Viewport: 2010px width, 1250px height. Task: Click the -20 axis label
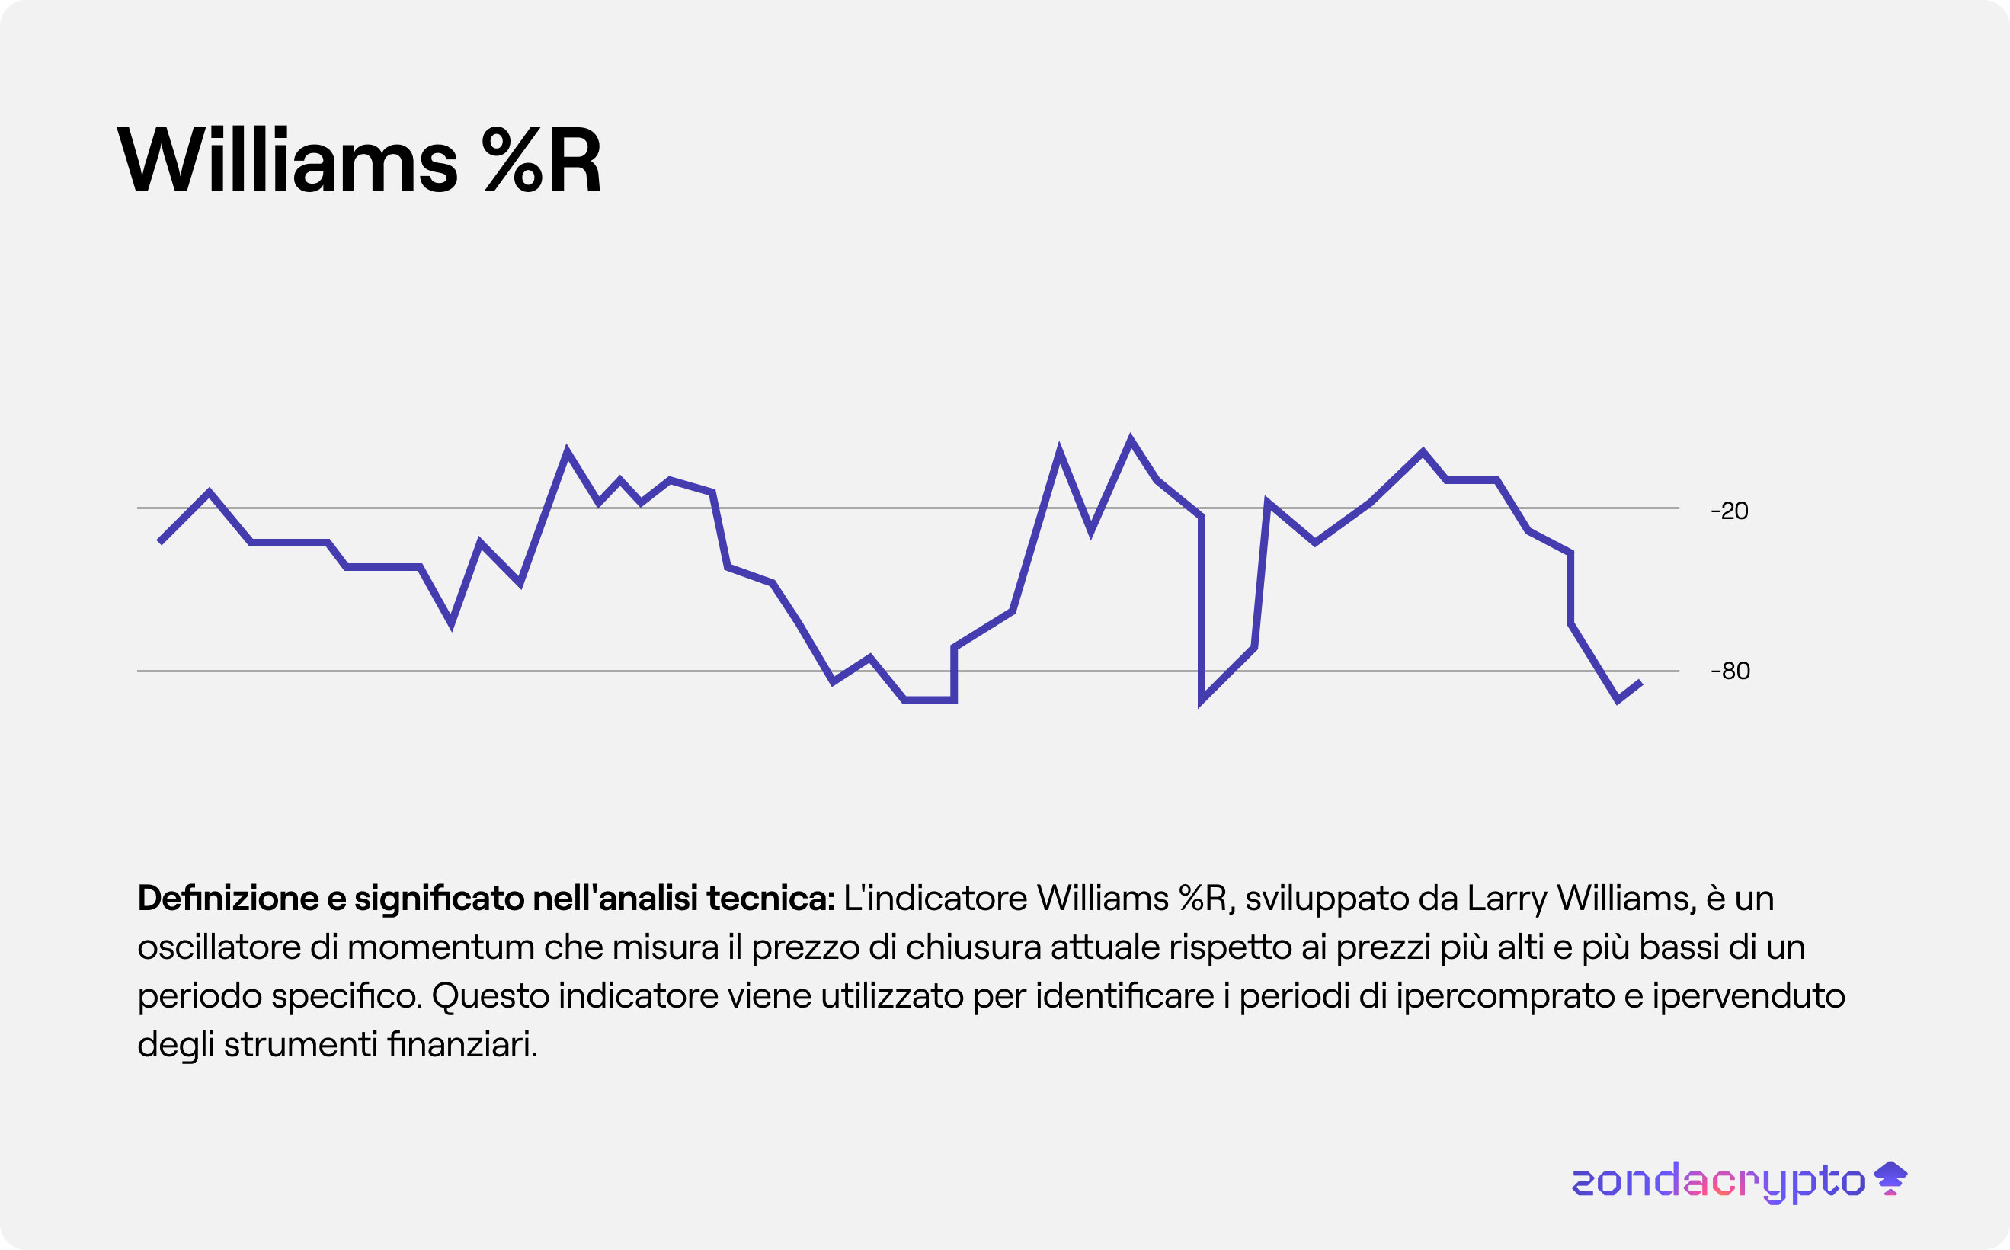click(1729, 511)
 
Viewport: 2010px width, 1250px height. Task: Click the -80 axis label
click(1730, 671)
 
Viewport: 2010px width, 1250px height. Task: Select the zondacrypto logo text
click(1718, 1181)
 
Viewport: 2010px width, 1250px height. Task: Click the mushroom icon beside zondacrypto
click(1890, 1178)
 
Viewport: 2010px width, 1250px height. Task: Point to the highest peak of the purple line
click(1131, 438)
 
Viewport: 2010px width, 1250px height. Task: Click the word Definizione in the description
click(228, 899)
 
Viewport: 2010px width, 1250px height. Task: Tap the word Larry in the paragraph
click(1506, 899)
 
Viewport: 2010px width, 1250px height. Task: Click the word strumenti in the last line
click(301, 1045)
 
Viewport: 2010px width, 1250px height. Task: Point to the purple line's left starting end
click(159, 541)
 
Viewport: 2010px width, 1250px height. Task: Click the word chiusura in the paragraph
click(973, 947)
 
